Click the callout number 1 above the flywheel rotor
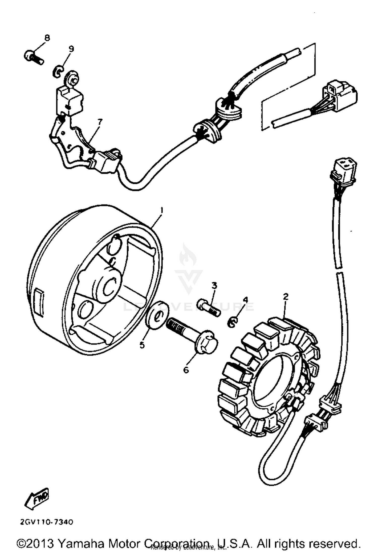pos(162,210)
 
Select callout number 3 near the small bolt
pos(214,286)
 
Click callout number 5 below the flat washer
pos(142,345)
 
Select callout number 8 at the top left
pos(47,38)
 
